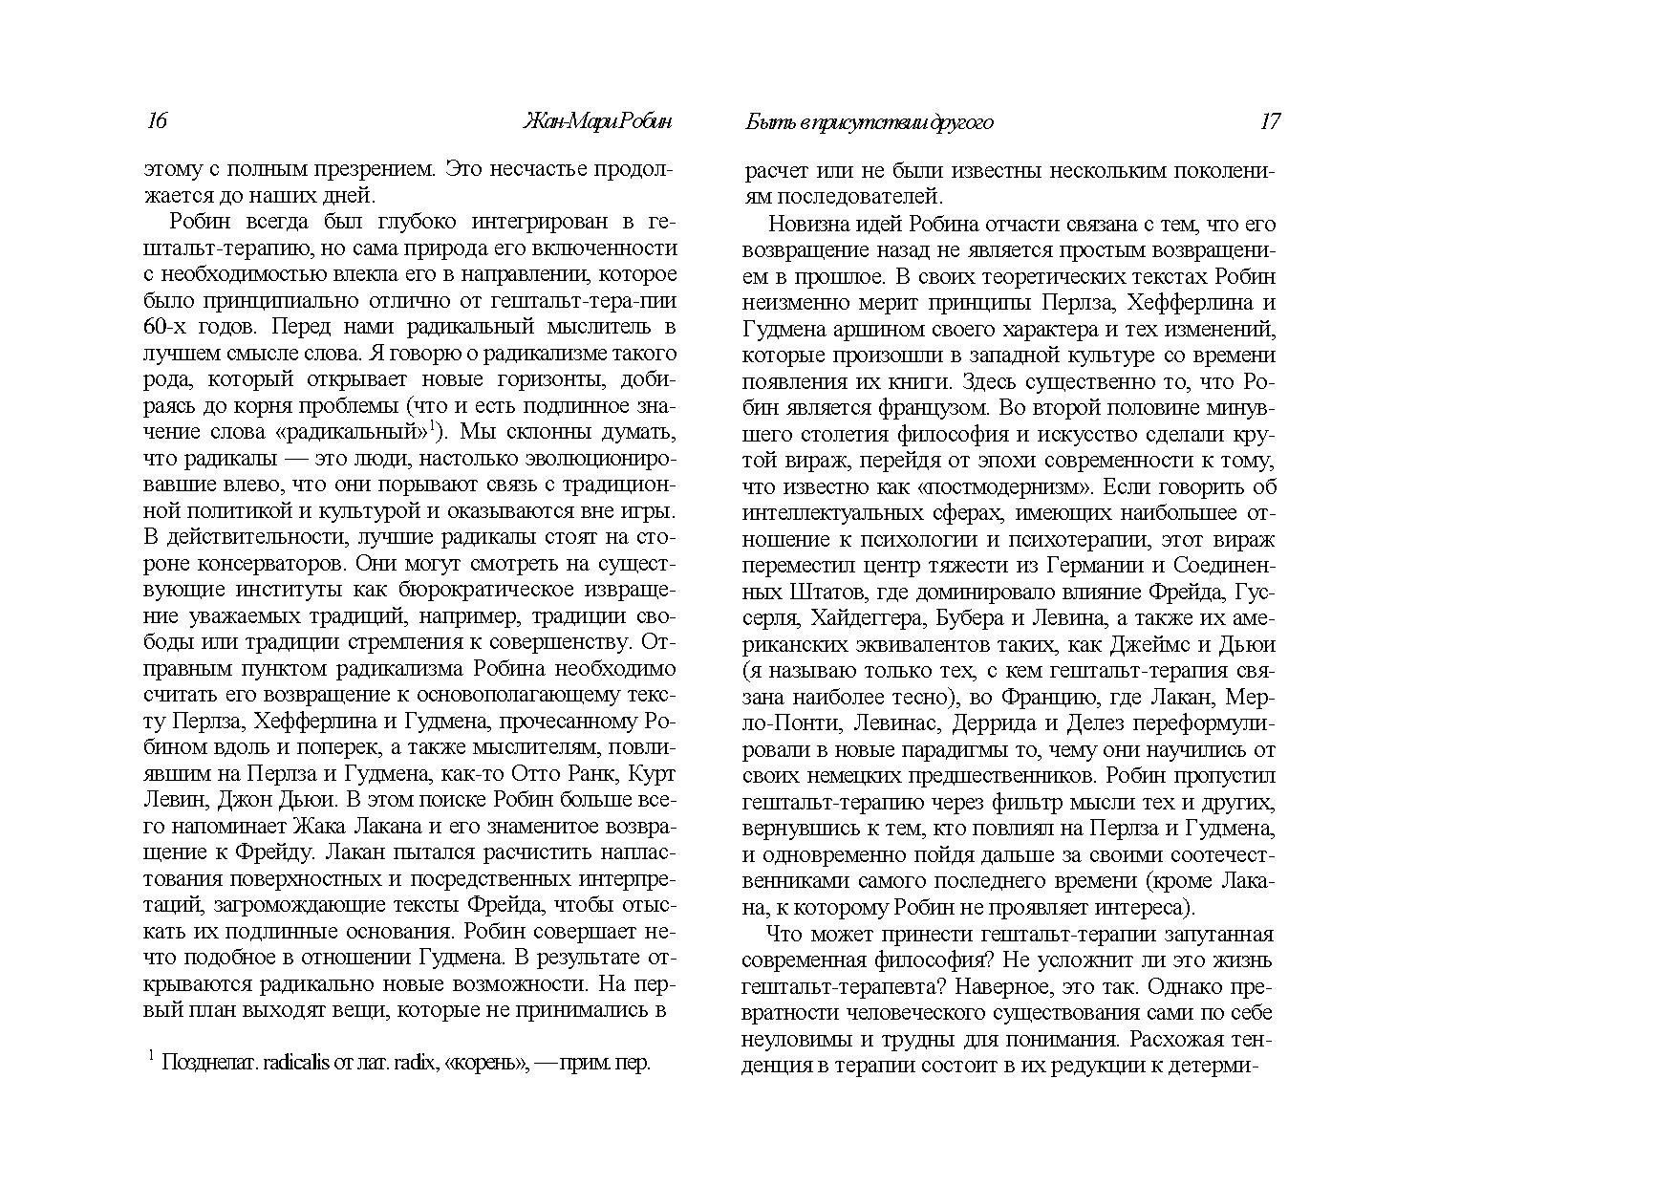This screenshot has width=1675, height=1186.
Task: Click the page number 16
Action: pos(157,121)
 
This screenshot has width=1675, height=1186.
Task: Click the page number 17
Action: pos(1270,121)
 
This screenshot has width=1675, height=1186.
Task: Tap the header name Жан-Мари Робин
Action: pos(598,121)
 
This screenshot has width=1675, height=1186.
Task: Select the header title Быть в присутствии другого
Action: pos(869,121)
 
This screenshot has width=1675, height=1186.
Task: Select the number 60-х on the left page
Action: pos(168,326)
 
